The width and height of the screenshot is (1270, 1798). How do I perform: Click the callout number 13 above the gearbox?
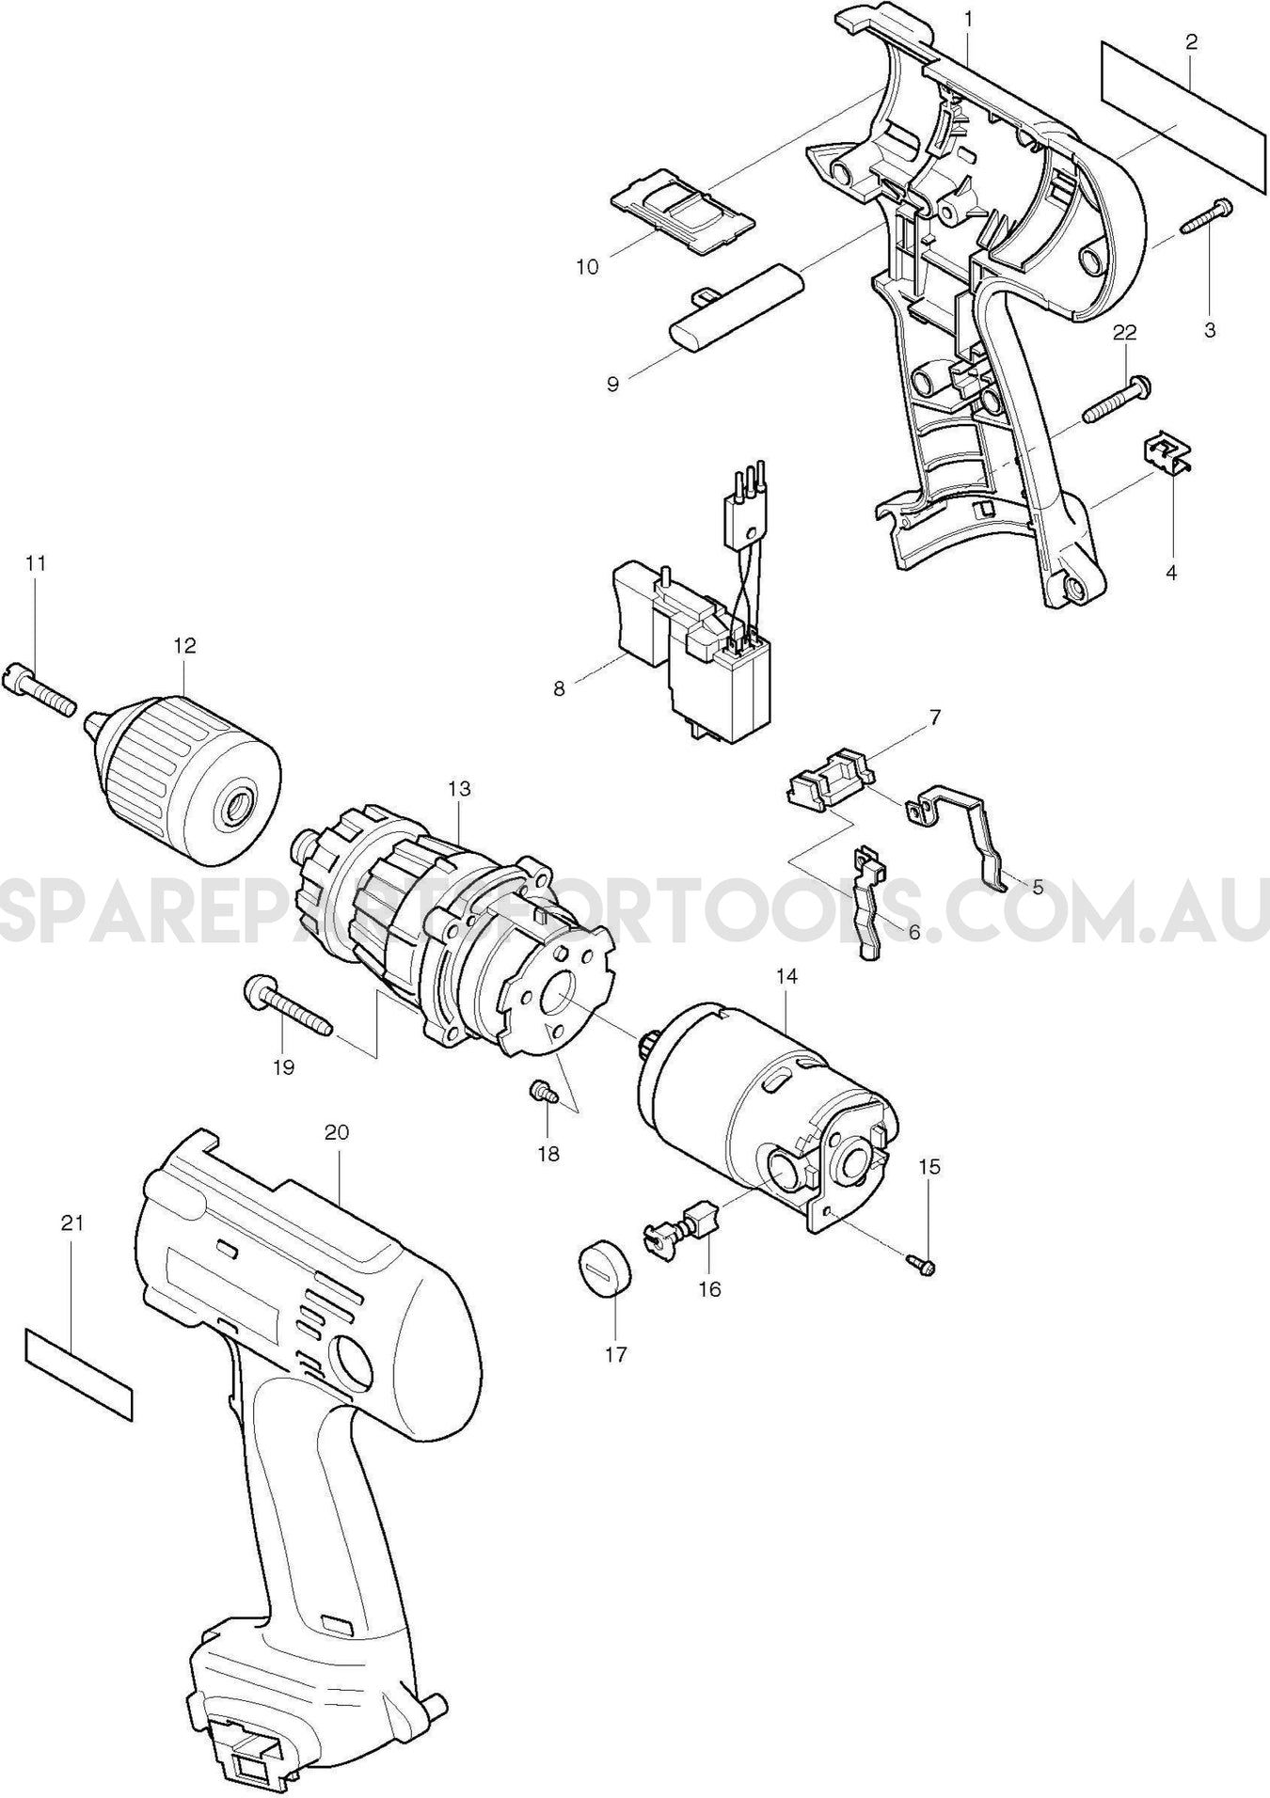coord(459,789)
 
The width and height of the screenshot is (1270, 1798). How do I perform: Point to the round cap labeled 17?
coord(602,1270)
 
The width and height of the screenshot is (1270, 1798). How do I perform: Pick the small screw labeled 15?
coord(922,1265)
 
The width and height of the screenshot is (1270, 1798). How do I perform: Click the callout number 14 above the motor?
coord(786,977)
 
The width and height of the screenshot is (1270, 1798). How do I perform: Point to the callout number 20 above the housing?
coord(336,1133)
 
